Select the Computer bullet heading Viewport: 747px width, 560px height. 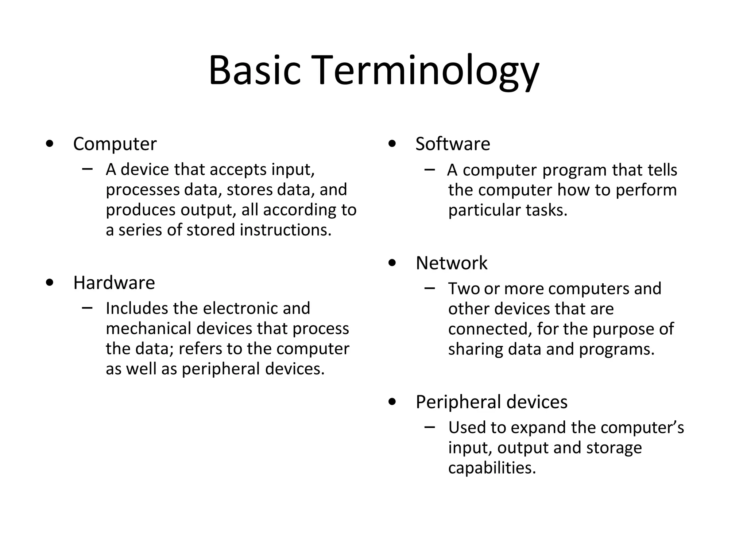tap(115, 144)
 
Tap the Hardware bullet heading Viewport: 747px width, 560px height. tap(114, 283)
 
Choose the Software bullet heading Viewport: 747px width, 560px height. tap(452, 144)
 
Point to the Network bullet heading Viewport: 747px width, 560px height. tap(451, 263)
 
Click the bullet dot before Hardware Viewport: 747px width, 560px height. tap(50, 283)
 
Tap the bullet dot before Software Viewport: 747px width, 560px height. tap(392, 144)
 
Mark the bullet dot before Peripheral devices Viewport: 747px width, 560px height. tap(392, 402)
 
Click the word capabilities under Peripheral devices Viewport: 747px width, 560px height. tap(492, 468)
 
